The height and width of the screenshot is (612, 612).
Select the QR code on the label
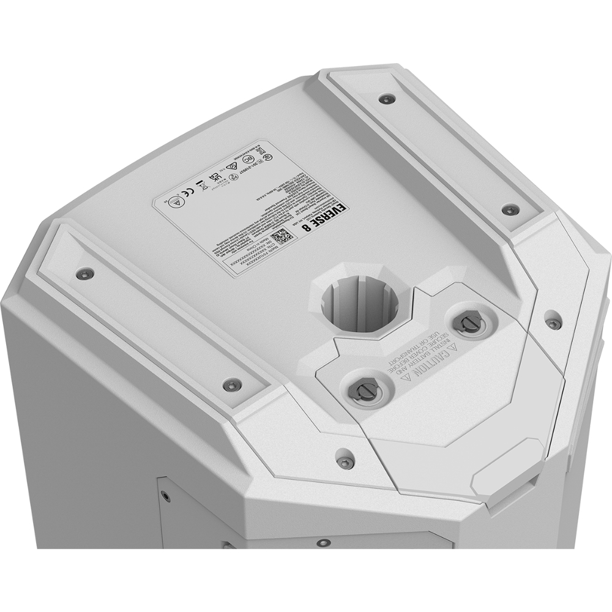278,236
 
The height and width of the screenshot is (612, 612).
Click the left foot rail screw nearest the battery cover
231,385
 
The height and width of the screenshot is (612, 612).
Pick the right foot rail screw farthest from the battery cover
386,98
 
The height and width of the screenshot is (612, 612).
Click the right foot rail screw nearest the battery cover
509,210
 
